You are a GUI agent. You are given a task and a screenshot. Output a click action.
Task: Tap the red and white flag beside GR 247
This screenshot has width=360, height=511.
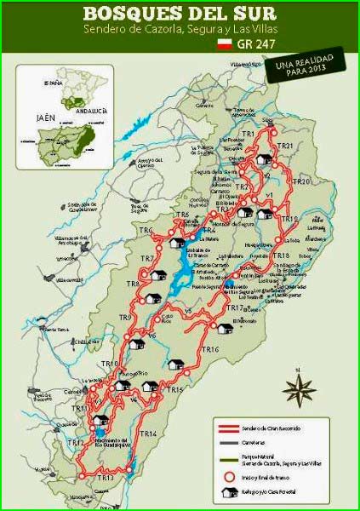(225, 42)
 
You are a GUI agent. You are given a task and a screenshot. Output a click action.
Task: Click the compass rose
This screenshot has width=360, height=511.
(299, 389)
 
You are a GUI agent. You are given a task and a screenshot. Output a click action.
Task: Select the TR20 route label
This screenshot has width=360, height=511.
(300, 182)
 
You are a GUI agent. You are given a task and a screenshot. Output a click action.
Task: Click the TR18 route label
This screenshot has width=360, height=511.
(282, 255)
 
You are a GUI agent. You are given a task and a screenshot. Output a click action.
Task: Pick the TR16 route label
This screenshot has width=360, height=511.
(210, 350)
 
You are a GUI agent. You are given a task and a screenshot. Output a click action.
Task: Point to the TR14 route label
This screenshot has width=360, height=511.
(147, 433)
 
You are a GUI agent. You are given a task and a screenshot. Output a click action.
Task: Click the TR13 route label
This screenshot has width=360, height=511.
(105, 478)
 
